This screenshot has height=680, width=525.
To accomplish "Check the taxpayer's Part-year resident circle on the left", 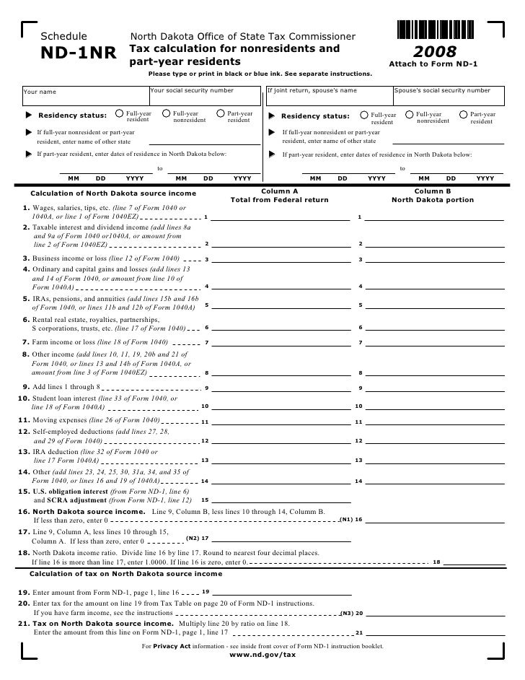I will pyautogui.click(x=221, y=113).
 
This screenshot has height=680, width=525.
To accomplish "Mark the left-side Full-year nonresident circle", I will pyautogui.click(x=167, y=113).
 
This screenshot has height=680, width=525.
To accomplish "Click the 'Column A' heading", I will pyautogui.click(x=278, y=191).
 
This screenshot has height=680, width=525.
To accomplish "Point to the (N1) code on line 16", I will pyautogui.click(x=346, y=519).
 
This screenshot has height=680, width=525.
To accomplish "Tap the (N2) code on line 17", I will pyautogui.click(x=193, y=538).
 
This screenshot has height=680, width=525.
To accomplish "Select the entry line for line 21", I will pyautogui.click(x=433, y=632).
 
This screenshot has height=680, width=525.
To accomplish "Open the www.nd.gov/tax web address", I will pyautogui.click(x=262, y=655).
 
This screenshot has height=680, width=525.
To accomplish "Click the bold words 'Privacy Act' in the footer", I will pyautogui.click(x=176, y=645).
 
